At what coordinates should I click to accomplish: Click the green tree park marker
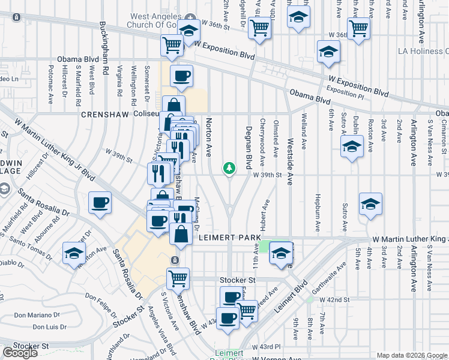pos(229,169)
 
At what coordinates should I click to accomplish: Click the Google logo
pos(20,352)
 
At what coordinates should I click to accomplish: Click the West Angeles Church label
pos(155,20)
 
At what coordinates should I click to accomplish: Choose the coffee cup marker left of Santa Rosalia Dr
pos(100,202)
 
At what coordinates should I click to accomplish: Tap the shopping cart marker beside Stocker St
pos(178,278)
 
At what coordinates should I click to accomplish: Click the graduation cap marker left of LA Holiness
pos(328,53)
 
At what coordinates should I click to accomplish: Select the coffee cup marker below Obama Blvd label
pos(181,76)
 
